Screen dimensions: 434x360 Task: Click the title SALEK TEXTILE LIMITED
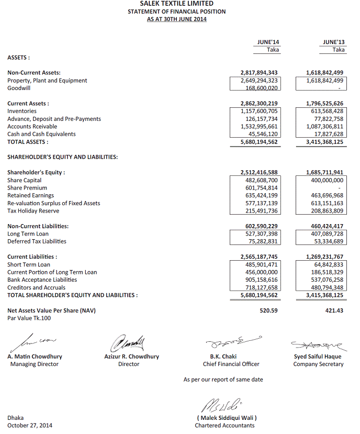[x=176, y=4]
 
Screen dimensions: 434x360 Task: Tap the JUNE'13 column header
[x=333, y=42]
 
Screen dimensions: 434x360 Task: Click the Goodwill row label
[x=19, y=88]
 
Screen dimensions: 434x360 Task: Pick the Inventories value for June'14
[x=259, y=111]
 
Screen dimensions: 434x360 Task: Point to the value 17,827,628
[x=325, y=134]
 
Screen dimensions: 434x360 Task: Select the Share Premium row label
[x=27, y=188]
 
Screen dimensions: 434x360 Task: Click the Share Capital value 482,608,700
[x=259, y=180]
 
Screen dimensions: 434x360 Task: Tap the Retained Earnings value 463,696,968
[x=325, y=195]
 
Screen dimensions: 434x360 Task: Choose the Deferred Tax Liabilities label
[x=37, y=241]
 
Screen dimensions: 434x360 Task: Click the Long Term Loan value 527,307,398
[x=259, y=234]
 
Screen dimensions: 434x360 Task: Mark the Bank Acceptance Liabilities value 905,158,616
[x=259, y=280]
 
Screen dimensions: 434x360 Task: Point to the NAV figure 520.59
[x=268, y=310]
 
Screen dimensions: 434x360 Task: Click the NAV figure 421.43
[x=335, y=310]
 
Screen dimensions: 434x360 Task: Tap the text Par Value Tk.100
[x=29, y=318]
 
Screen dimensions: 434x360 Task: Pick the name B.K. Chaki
[x=223, y=357]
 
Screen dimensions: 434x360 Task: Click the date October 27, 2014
[x=30, y=426]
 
